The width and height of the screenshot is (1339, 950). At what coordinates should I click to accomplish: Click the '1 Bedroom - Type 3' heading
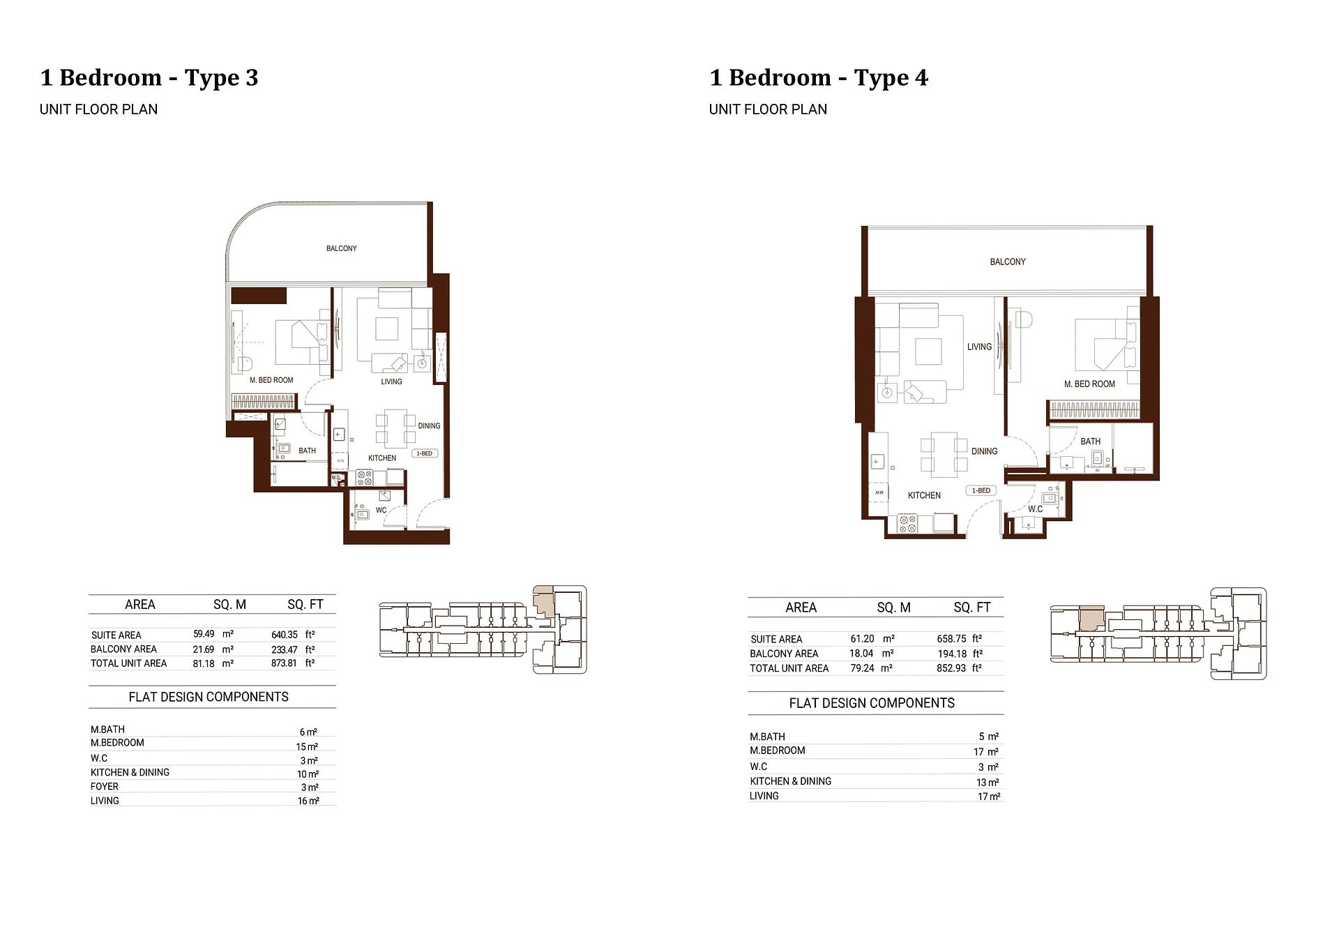[149, 77]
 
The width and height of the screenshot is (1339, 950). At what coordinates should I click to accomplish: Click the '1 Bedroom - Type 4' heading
[818, 77]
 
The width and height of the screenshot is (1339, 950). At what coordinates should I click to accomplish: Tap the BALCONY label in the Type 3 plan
[341, 248]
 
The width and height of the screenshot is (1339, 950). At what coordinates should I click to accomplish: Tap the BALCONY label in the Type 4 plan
[1007, 262]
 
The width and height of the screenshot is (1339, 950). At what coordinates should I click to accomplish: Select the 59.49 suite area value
[204, 634]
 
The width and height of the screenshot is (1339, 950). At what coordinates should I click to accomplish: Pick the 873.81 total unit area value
[284, 663]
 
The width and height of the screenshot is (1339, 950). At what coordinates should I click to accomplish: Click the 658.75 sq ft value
[951, 638]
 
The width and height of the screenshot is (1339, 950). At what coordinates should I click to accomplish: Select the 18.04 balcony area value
[861, 653]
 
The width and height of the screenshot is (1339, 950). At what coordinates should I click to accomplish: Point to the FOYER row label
[105, 786]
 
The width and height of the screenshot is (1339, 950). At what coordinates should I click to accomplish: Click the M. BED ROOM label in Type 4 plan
[1089, 384]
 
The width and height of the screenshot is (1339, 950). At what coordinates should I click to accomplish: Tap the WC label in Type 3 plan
[381, 510]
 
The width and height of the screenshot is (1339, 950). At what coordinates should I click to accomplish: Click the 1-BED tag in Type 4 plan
[981, 490]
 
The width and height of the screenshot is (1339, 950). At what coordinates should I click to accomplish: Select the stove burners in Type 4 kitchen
[907, 523]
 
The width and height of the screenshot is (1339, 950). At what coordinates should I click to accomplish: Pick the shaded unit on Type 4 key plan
[1091, 618]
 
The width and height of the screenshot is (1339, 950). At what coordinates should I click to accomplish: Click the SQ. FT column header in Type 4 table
[971, 608]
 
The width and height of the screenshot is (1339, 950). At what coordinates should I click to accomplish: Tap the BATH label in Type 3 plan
[307, 451]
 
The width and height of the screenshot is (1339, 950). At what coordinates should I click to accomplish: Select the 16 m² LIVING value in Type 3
[308, 801]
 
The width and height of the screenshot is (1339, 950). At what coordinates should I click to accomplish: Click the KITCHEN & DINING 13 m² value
[987, 782]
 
